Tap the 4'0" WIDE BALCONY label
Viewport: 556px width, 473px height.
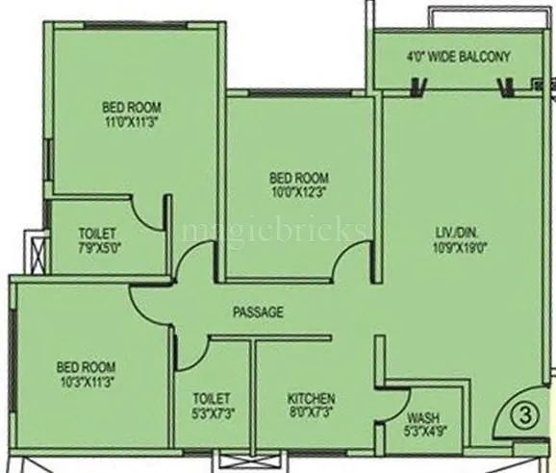[x=457, y=56]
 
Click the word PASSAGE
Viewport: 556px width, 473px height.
[x=259, y=312]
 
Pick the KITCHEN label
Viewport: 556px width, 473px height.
[x=311, y=398]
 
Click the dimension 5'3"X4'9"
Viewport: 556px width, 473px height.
[x=422, y=432]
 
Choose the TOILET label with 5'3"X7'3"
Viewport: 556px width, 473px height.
[x=211, y=398]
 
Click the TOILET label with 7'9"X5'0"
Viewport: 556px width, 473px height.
[x=97, y=234]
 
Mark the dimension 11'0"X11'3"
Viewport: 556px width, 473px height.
[x=132, y=122]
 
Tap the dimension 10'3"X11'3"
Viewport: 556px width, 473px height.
[x=86, y=382]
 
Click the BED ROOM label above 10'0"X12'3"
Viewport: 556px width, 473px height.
[x=298, y=178]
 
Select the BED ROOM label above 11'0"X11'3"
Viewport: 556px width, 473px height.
[x=132, y=107]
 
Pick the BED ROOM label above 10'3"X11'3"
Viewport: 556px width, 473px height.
[x=86, y=366]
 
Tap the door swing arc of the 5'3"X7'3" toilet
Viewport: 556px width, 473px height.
[x=189, y=356]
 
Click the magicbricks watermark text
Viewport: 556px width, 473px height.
[x=274, y=231]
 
